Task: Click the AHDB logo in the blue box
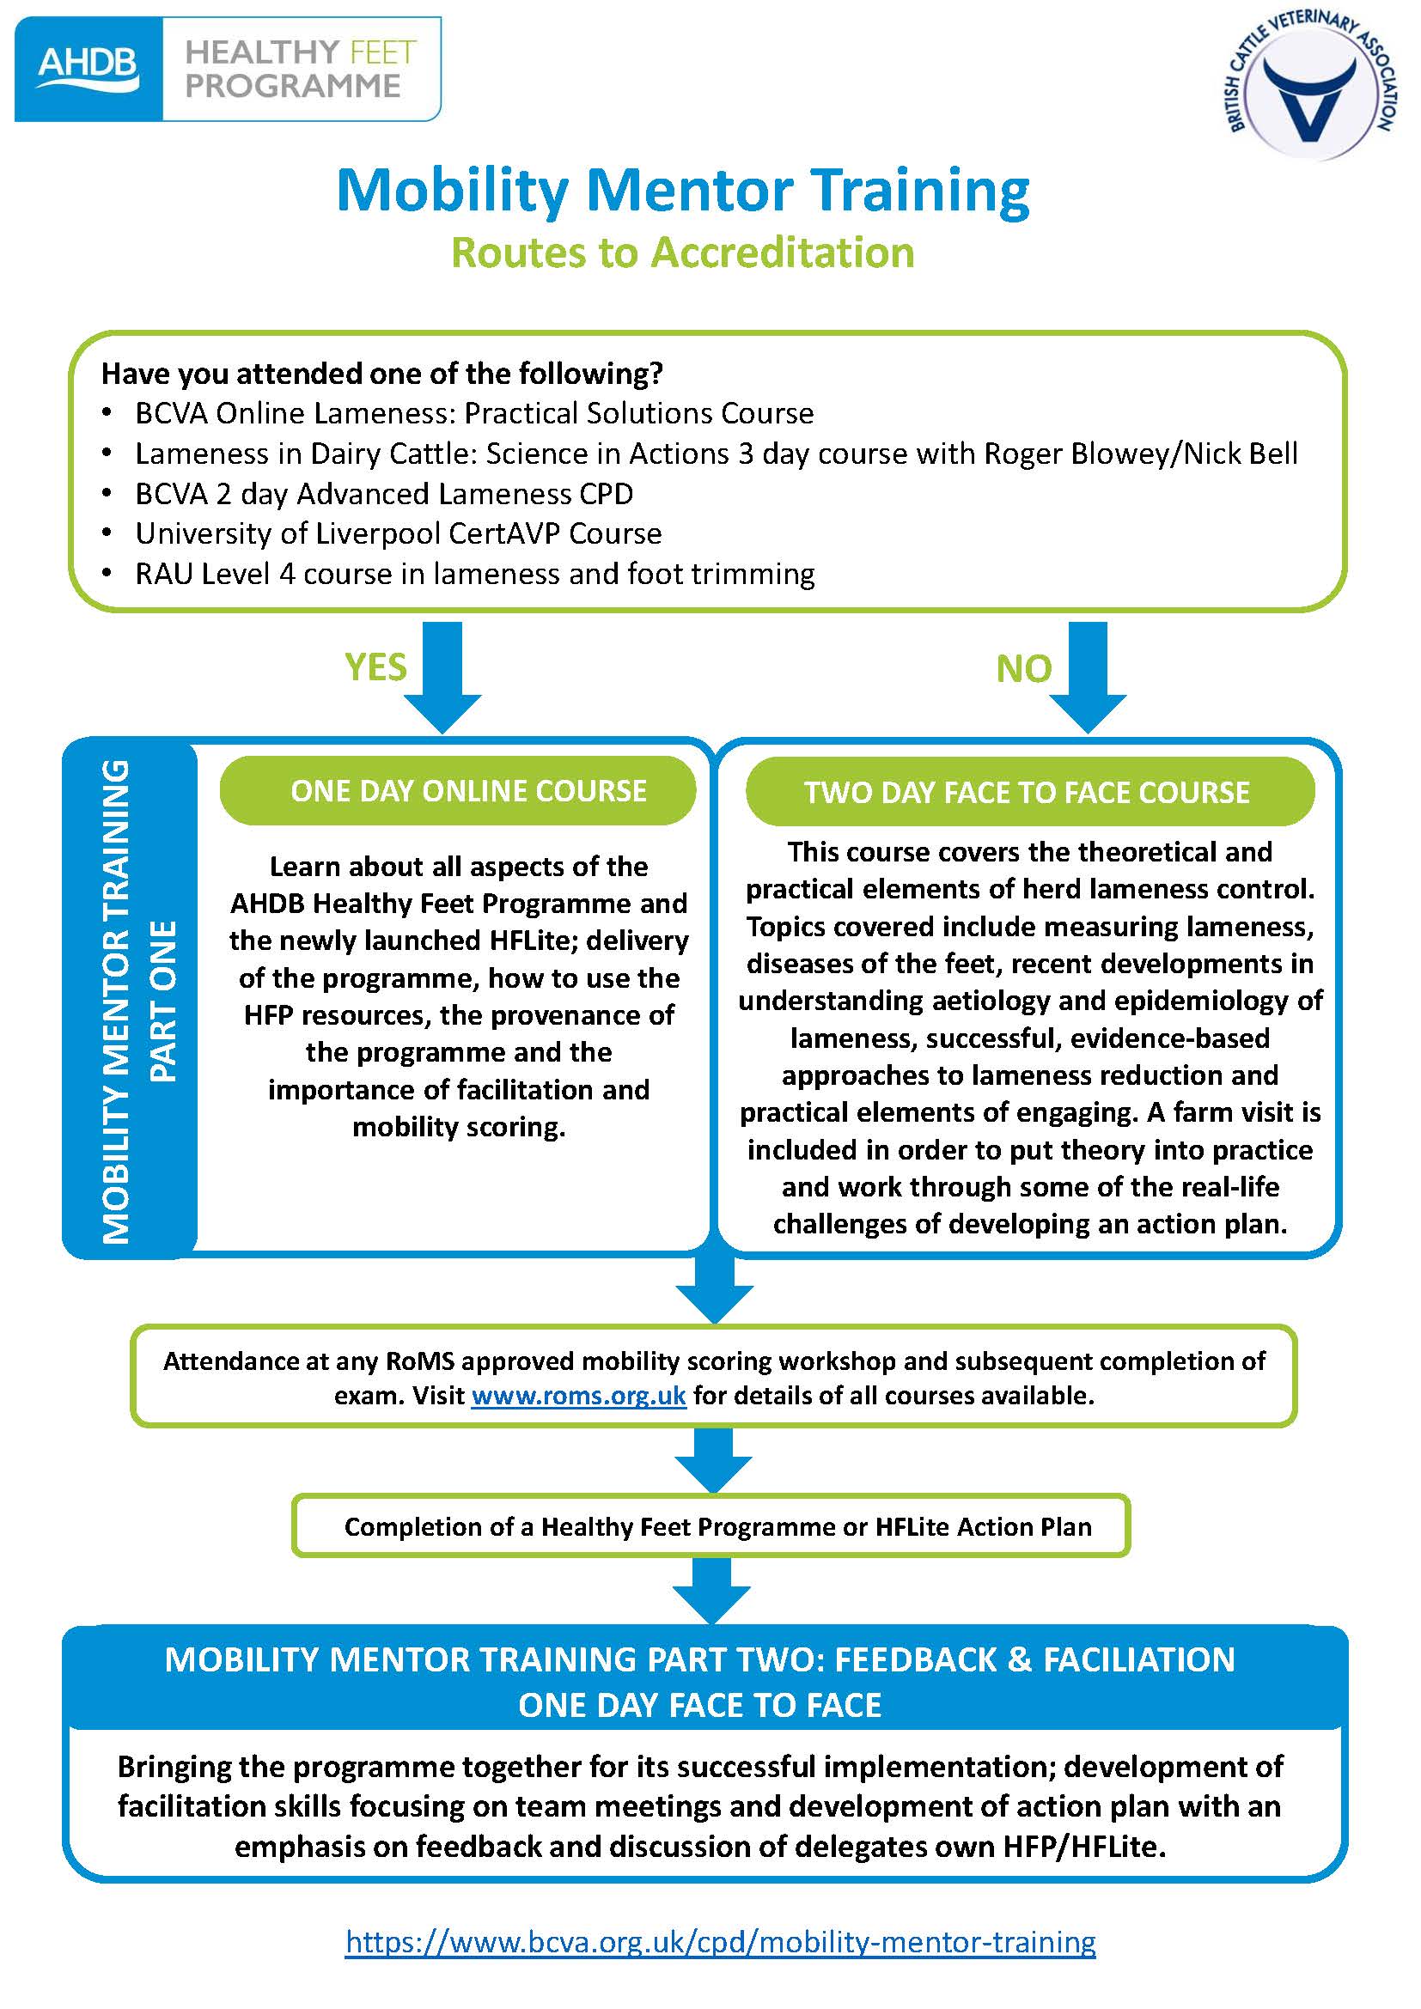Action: (88, 67)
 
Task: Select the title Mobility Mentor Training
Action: (682, 190)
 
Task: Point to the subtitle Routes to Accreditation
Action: (682, 253)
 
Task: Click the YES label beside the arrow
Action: (375, 667)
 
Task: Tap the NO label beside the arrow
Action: (1023, 669)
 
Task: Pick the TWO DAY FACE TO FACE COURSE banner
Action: (1029, 792)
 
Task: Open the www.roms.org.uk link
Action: (578, 1396)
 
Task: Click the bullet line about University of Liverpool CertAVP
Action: (398, 533)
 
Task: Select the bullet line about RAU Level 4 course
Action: (474, 574)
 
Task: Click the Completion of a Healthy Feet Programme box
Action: (710, 1527)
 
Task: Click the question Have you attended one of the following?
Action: (382, 374)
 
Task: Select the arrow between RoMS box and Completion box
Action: (713, 1460)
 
